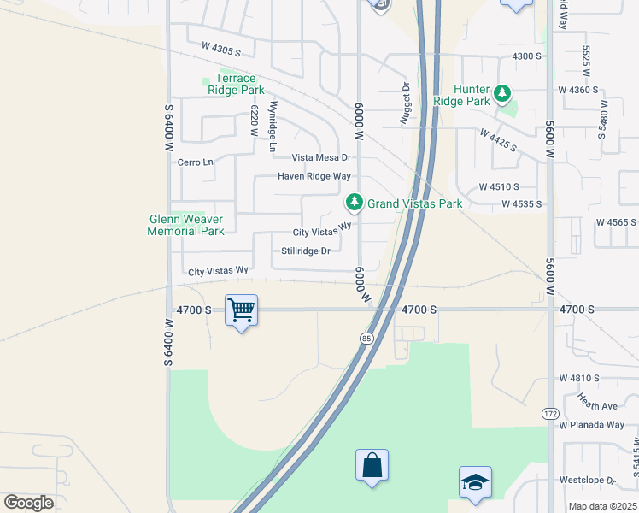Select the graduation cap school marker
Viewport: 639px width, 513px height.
point(474,482)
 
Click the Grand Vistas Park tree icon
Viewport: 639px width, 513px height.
point(354,203)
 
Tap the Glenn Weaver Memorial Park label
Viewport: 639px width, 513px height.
point(185,225)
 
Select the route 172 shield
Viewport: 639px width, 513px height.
point(549,413)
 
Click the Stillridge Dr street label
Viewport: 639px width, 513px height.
point(305,251)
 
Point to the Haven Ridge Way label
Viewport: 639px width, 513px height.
point(314,176)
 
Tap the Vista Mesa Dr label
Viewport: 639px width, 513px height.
point(321,157)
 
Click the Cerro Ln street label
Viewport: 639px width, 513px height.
point(195,162)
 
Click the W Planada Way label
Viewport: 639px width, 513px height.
point(592,425)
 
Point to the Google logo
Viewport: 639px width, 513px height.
point(28,502)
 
